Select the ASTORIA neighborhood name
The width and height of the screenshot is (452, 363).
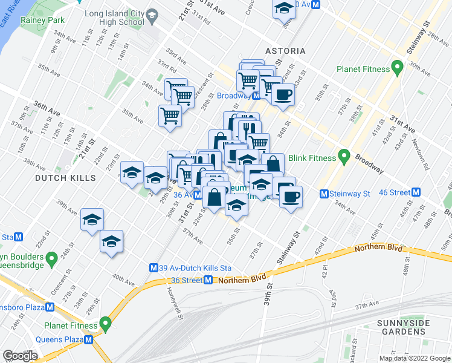[x=285, y=51]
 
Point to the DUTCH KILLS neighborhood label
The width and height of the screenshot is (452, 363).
[x=65, y=178]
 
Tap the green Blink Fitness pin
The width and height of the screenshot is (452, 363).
[x=344, y=158]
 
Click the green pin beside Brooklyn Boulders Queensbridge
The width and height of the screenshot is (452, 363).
[x=52, y=260]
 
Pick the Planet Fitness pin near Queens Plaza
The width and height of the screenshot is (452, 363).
[x=106, y=325]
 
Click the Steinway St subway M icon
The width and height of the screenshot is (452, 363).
[x=324, y=194]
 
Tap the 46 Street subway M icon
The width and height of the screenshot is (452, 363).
[x=416, y=192]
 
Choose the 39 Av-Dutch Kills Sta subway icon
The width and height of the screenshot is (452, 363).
[x=154, y=267]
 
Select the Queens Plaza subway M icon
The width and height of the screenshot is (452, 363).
[x=89, y=339]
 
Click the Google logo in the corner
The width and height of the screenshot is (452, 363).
[x=20, y=355]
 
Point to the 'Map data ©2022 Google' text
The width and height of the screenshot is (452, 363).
[x=414, y=358]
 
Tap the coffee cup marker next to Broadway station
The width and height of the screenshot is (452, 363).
[x=282, y=94]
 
